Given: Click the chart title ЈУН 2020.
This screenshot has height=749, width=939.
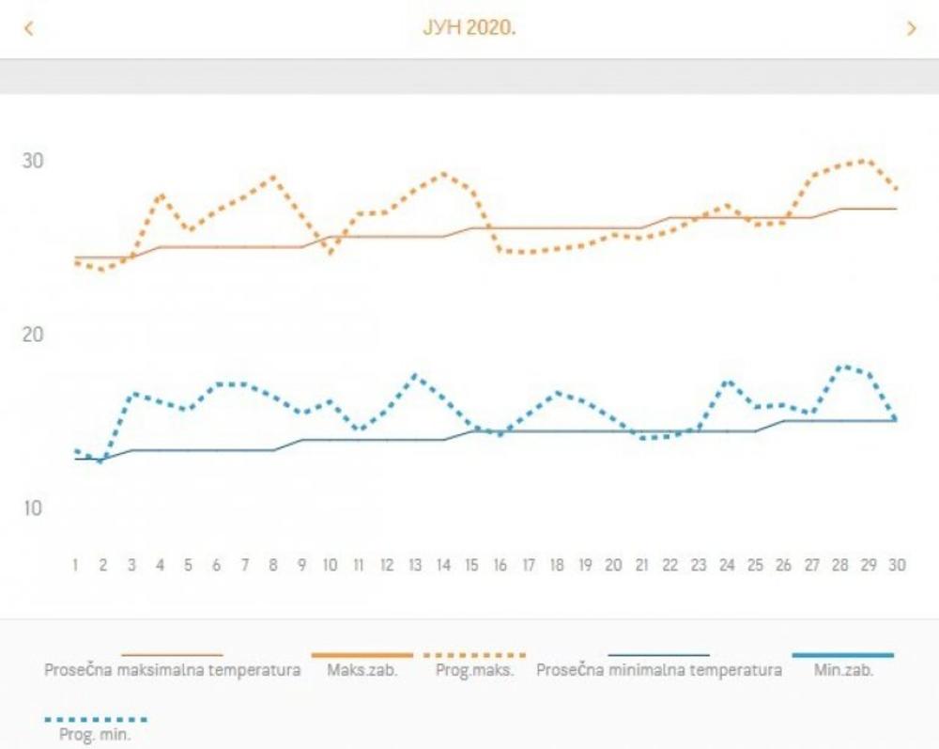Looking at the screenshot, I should coord(469,27).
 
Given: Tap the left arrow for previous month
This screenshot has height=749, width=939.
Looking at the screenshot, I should coord(28,28).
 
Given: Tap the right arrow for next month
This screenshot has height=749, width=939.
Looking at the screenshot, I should coord(911,28).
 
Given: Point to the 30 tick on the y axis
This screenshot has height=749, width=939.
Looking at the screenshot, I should coord(33,161).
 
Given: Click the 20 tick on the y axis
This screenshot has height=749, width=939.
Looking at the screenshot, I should coord(33,335).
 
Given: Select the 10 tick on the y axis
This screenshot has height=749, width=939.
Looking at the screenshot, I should coord(33,508).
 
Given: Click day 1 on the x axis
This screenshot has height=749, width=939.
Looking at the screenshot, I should coord(75,566).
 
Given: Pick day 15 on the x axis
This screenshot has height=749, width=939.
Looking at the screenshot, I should coord(471,566).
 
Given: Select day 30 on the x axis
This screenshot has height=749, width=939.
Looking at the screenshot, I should coord(897,566).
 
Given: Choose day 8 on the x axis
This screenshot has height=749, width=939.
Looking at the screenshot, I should coord(273,566).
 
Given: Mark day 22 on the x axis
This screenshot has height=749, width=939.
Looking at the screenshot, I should coord(670,566).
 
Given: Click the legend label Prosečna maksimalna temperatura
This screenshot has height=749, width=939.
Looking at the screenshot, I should coord(173,671).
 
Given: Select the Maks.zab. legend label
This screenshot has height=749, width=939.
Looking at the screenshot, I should coord(362,671).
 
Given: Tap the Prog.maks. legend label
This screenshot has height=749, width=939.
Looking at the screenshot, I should coord(475,671).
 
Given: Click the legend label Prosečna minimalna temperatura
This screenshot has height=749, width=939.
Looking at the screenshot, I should coord(658,671).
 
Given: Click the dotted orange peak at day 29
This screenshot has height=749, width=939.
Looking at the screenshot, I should coord(867,161).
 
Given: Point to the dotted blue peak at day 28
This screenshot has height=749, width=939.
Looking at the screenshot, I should coord(840,367).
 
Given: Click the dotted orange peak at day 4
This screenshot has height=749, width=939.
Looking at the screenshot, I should coord(161,195).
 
